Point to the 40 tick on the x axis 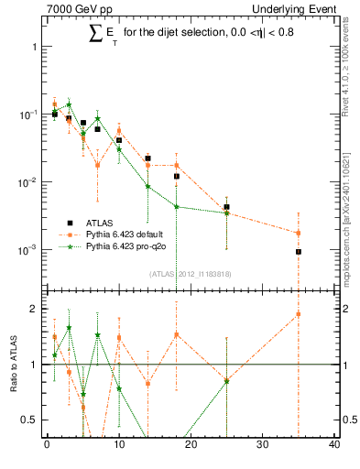click(334, 446)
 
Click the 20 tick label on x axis click(190, 446)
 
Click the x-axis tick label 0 click(47, 446)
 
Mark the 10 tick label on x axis click(118, 446)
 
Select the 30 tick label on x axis click(262, 446)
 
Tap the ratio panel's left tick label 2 click(33, 309)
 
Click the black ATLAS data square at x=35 click(299, 251)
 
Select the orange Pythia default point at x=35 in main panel click(299, 233)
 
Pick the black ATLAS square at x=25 click(226, 207)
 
